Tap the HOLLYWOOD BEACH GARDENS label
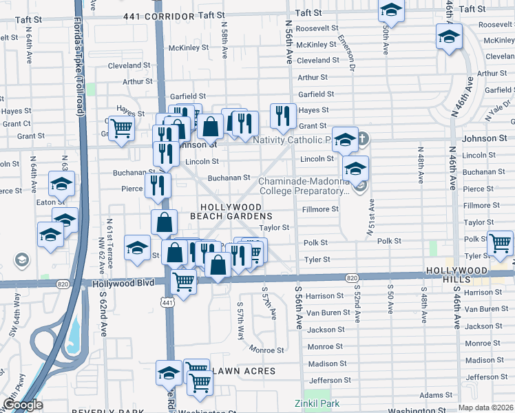pos(231,211)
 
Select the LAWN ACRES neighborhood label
pos(244,371)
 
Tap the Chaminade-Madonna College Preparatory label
pos(304,187)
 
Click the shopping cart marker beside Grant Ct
pos(121,127)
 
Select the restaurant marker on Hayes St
pos(283,116)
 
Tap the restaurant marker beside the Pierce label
pos(158,185)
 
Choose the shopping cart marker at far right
pos(499,243)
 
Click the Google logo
pos(23,405)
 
